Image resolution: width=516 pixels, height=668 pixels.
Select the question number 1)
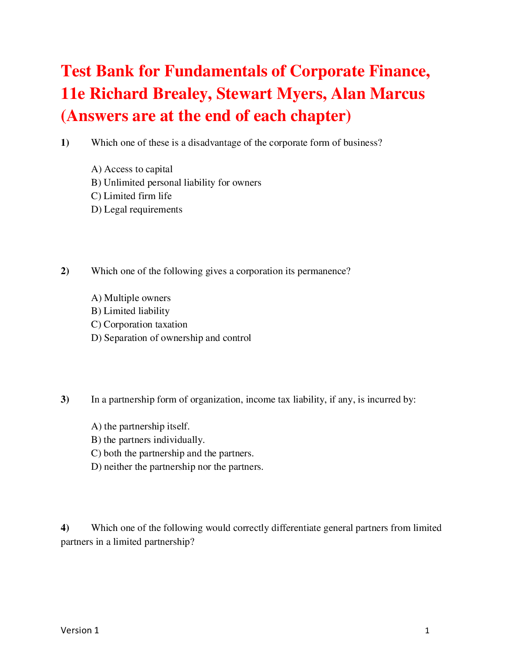[65, 143]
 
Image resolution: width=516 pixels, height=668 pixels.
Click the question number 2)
[65, 271]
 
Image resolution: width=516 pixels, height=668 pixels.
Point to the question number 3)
[65, 399]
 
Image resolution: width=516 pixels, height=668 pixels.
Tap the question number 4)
[65, 528]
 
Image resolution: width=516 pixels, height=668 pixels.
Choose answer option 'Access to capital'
[132, 169]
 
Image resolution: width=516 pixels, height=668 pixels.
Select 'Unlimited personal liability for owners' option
[176, 183]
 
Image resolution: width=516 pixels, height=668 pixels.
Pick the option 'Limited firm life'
[131, 196]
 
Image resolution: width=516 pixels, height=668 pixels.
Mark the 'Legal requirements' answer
[137, 210]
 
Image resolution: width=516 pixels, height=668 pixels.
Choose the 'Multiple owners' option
[131, 298]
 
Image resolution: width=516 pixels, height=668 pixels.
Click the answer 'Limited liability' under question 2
[130, 311]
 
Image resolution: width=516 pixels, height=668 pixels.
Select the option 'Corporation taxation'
[139, 324]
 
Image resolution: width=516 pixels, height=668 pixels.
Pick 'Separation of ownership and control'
[171, 338]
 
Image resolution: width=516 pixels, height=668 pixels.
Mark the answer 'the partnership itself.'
[140, 426]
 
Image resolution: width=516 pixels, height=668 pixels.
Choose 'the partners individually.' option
[148, 440]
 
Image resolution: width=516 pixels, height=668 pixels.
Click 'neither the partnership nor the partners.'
[177, 467]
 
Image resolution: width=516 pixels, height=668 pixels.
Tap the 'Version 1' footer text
[80, 630]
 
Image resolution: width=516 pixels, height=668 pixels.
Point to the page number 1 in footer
[427, 631]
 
